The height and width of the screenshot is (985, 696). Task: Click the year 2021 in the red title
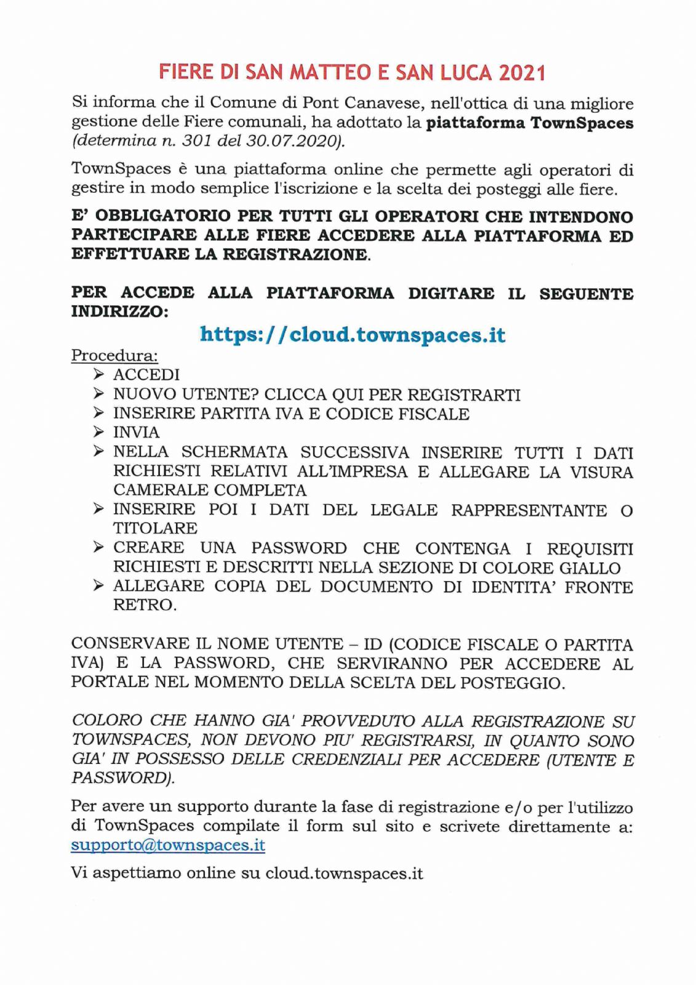click(522, 73)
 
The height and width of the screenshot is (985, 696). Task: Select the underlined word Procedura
click(114, 355)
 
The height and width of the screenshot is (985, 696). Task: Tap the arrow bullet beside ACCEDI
click(98, 374)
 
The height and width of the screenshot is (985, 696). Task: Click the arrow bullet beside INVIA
click(98, 432)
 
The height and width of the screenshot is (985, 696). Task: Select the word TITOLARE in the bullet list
click(155, 528)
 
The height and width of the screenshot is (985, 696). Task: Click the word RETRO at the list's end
click(144, 605)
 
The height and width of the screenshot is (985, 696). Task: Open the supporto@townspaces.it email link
click(168, 845)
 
